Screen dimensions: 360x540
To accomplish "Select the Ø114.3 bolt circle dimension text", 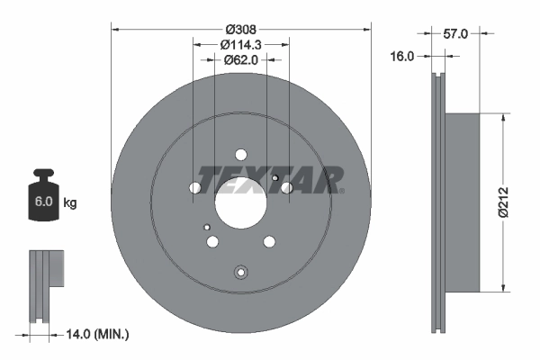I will coord(241,44).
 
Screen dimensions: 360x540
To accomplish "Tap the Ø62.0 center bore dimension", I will coord(241,59).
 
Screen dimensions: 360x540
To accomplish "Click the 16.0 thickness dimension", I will coord(401,56).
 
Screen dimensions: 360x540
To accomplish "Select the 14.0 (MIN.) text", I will coord(99,334).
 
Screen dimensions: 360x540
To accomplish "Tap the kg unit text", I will coord(70,203).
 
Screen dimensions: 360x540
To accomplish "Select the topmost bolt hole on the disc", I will coord(241,154).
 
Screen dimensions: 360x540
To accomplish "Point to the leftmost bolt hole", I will coord(195,188).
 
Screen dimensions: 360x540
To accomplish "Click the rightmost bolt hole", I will coord(287,187).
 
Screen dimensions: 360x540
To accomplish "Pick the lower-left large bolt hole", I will coord(213,241).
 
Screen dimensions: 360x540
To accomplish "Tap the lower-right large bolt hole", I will coord(269,241).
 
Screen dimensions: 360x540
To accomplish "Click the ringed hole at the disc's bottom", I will coord(240,274).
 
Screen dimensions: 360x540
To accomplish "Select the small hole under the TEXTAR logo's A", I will coord(274,178).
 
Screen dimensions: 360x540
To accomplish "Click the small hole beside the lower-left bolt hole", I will coord(207,226).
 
